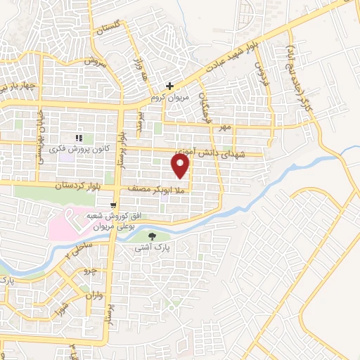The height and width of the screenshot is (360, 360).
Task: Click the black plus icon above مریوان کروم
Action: [169, 86]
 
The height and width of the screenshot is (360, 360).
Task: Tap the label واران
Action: [95, 297]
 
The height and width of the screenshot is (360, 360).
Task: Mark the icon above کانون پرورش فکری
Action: [80, 137]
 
